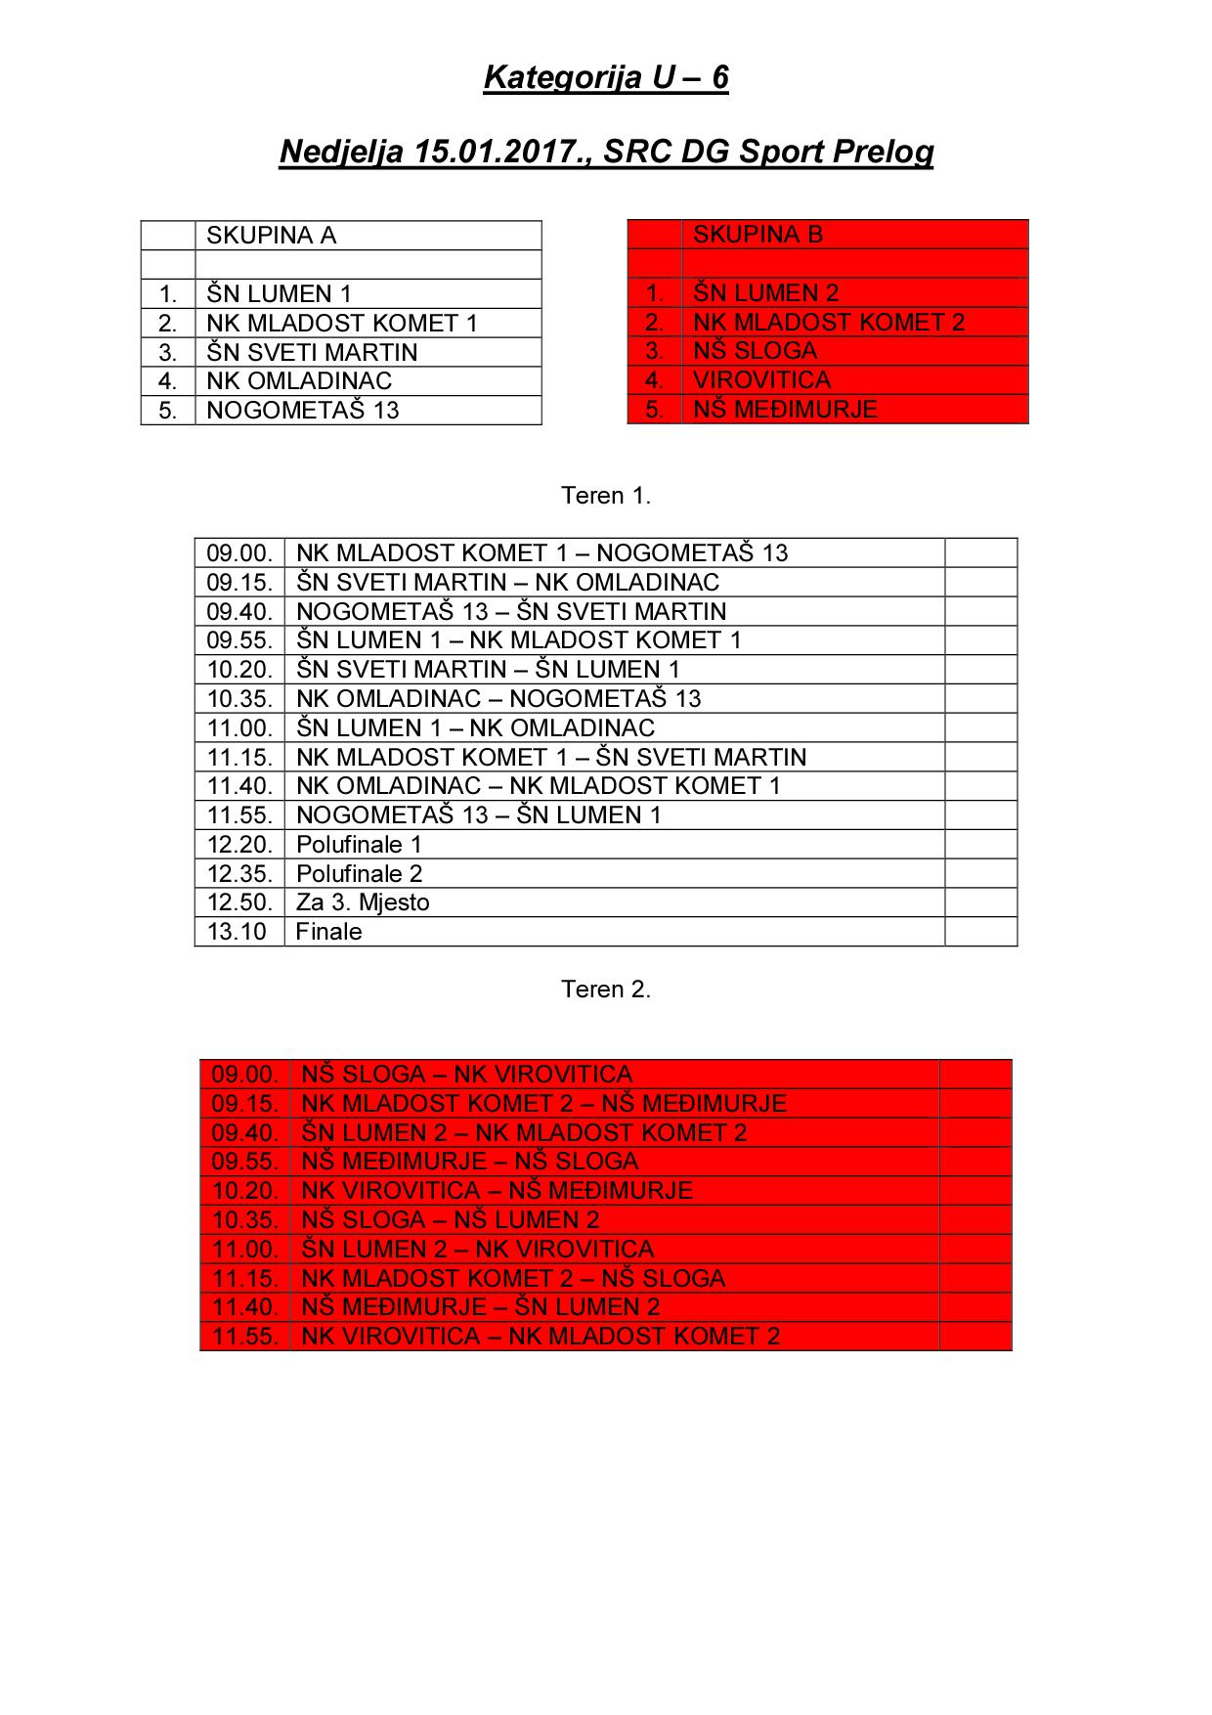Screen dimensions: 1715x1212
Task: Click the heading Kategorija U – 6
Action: coord(606,78)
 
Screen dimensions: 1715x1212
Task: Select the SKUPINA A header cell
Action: coord(271,236)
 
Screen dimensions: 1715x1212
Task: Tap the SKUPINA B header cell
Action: coord(757,235)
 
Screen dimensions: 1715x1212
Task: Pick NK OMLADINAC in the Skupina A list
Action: coord(298,381)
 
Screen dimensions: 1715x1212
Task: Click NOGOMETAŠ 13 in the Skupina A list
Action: coord(303,411)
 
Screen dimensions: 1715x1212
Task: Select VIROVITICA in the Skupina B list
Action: coord(761,380)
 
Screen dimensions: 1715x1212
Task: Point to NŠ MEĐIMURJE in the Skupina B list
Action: coord(785,410)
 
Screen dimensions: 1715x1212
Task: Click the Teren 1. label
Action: coord(606,496)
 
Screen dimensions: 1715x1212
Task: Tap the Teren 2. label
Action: coord(606,989)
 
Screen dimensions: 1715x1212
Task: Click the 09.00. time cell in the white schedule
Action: coord(239,553)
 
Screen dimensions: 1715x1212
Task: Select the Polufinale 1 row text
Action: coord(359,845)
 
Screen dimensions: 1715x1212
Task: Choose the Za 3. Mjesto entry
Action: coord(363,902)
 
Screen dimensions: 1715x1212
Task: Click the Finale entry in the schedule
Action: coord(328,932)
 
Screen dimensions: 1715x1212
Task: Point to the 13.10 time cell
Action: coord(237,932)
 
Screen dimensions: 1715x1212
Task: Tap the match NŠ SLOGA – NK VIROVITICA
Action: coord(467,1075)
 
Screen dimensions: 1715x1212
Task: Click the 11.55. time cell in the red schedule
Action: coord(245,1337)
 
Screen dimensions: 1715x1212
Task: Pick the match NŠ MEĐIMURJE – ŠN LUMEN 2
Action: coord(481,1307)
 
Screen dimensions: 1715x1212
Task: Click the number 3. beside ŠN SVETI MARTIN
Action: coord(168,353)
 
